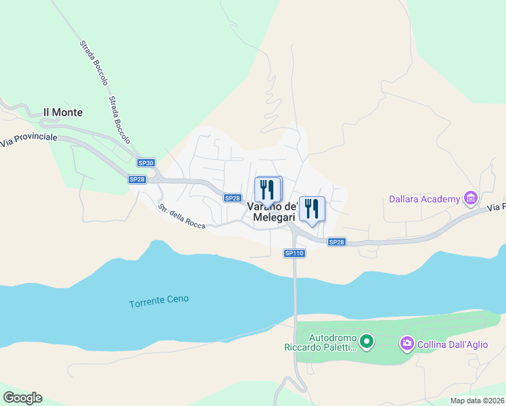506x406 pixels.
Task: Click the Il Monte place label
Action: click(x=63, y=112)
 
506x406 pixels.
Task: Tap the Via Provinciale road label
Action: click(x=29, y=139)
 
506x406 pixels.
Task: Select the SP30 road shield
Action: click(x=146, y=163)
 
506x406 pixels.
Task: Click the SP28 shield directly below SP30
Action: click(x=137, y=179)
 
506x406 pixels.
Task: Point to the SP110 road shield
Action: click(x=294, y=253)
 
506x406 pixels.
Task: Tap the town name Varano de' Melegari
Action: click(x=273, y=212)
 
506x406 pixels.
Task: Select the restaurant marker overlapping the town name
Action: click(x=268, y=190)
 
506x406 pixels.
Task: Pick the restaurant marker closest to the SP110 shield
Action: click(x=312, y=208)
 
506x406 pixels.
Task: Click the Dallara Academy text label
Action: click(x=424, y=199)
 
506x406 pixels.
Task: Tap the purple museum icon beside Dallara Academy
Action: click(x=470, y=198)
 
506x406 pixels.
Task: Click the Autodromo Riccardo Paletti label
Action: click(x=322, y=342)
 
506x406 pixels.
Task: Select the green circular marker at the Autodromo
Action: click(x=366, y=342)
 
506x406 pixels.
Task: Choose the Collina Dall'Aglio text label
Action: click(x=453, y=344)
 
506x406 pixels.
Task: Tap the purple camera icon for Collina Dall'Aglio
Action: click(x=407, y=344)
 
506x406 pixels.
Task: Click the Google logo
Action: click(x=23, y=398)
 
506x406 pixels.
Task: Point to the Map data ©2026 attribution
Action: click(x=477, y=401)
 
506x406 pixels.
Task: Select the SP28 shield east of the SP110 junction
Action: click(x=336, y=242)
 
